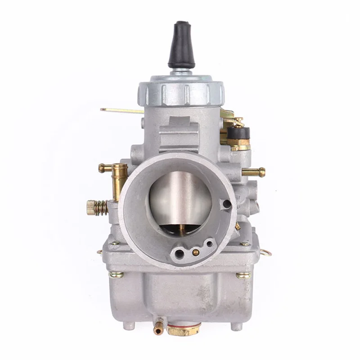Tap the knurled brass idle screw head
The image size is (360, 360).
pos(91,207)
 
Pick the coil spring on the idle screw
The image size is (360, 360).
pos(102,207)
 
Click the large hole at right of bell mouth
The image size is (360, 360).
pos(227,204)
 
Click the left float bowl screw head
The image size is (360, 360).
pos(117,274)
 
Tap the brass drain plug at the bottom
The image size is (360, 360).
pos(184,331)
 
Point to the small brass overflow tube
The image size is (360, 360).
pos(158,329)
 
